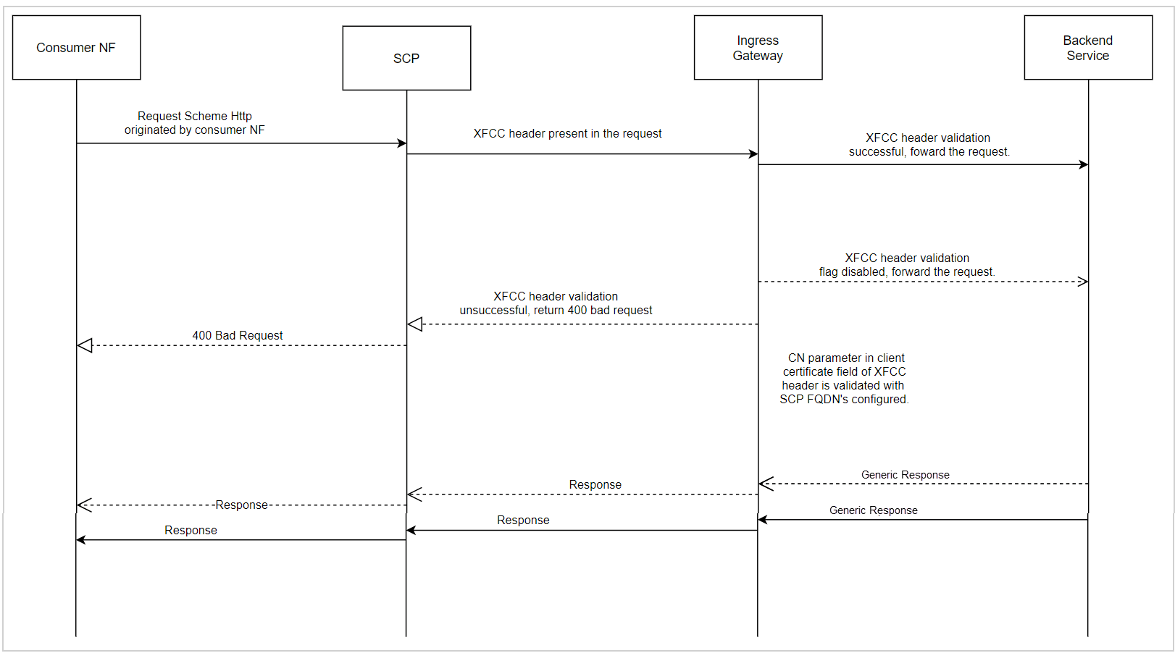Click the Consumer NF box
[76, 48]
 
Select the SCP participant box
[406, 58]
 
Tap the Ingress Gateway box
[758, 48]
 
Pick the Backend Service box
[1087, 48]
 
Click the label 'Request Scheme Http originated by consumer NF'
[194, 123]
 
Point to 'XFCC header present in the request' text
[567, 134]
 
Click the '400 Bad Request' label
[237, 336]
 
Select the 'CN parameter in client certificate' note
[844, 379]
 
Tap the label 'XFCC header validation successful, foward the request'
[929, 145]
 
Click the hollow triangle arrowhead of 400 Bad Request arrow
[85, 346]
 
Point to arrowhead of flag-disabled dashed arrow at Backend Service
[1083, 282]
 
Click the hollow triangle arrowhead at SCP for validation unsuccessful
[415, 324]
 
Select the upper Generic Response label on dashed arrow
[905, 475]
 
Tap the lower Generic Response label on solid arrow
[873, 510]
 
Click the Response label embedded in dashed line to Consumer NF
[241, 505]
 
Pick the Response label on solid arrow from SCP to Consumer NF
[191, 531]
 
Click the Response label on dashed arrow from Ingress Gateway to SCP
[595, 485]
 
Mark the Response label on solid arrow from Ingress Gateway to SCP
[523, 521]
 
